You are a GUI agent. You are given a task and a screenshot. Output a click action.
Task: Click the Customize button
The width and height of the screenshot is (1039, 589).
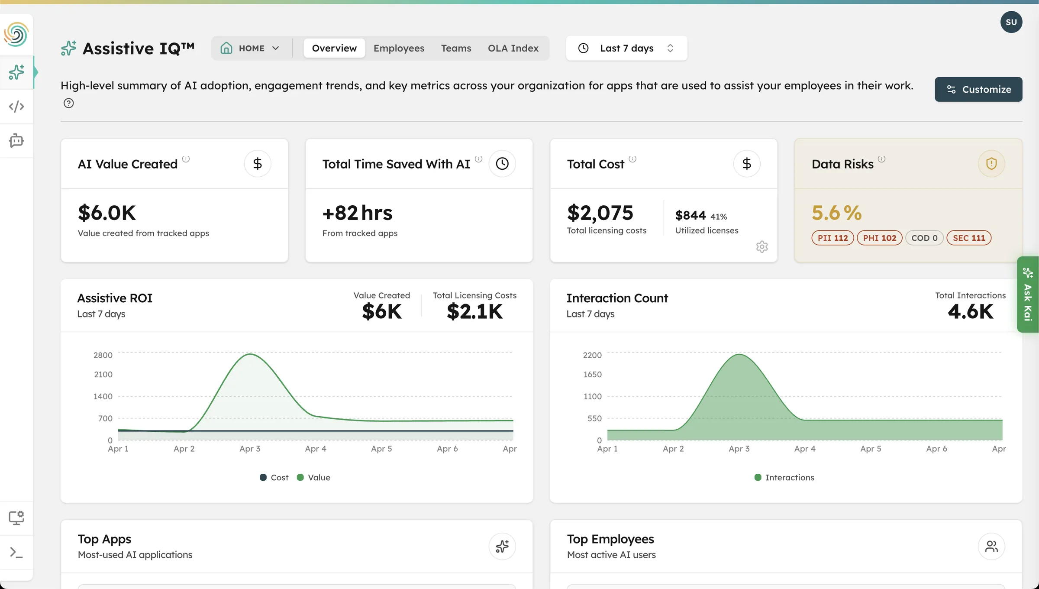(978, 89)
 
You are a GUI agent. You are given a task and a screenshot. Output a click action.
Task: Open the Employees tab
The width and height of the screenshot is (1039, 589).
(399, 48)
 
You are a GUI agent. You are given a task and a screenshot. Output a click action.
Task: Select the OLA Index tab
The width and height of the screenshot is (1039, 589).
(513, 48)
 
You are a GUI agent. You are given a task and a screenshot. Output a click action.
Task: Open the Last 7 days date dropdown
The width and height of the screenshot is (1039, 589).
(626, 48)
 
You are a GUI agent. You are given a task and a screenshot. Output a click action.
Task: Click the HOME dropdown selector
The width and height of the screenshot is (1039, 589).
(251, 48)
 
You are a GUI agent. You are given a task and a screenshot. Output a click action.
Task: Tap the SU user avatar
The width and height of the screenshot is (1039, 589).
(1011, 22)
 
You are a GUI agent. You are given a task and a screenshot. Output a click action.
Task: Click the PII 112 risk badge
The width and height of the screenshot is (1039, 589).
(832, 238)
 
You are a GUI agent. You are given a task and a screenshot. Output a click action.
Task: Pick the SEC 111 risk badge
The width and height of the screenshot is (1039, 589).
(968, 238)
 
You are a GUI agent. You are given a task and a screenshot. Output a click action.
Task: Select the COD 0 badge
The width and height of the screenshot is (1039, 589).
(924, 238)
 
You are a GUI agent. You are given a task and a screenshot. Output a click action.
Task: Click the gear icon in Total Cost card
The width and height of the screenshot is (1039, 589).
(762, 247)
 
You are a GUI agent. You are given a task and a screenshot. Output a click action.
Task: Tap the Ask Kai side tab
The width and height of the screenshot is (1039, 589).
(1027, 294)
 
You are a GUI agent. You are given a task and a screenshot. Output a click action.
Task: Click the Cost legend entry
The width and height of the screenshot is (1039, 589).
(274, 477)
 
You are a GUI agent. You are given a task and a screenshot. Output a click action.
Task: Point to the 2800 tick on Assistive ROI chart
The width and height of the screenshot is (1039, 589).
(103, 355)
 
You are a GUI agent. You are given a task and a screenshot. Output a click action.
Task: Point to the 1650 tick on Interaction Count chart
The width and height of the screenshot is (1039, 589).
(592, 374)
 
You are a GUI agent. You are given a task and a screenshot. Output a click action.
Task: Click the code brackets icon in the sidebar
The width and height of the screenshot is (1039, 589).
(16, 106)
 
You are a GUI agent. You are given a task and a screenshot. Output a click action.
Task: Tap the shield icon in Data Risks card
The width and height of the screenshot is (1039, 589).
(991, 164)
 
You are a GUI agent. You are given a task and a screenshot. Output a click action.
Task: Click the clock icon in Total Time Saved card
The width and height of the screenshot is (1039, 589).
(502, 164)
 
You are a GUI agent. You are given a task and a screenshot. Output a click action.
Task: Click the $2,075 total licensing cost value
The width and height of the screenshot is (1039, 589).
(600, 213)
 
